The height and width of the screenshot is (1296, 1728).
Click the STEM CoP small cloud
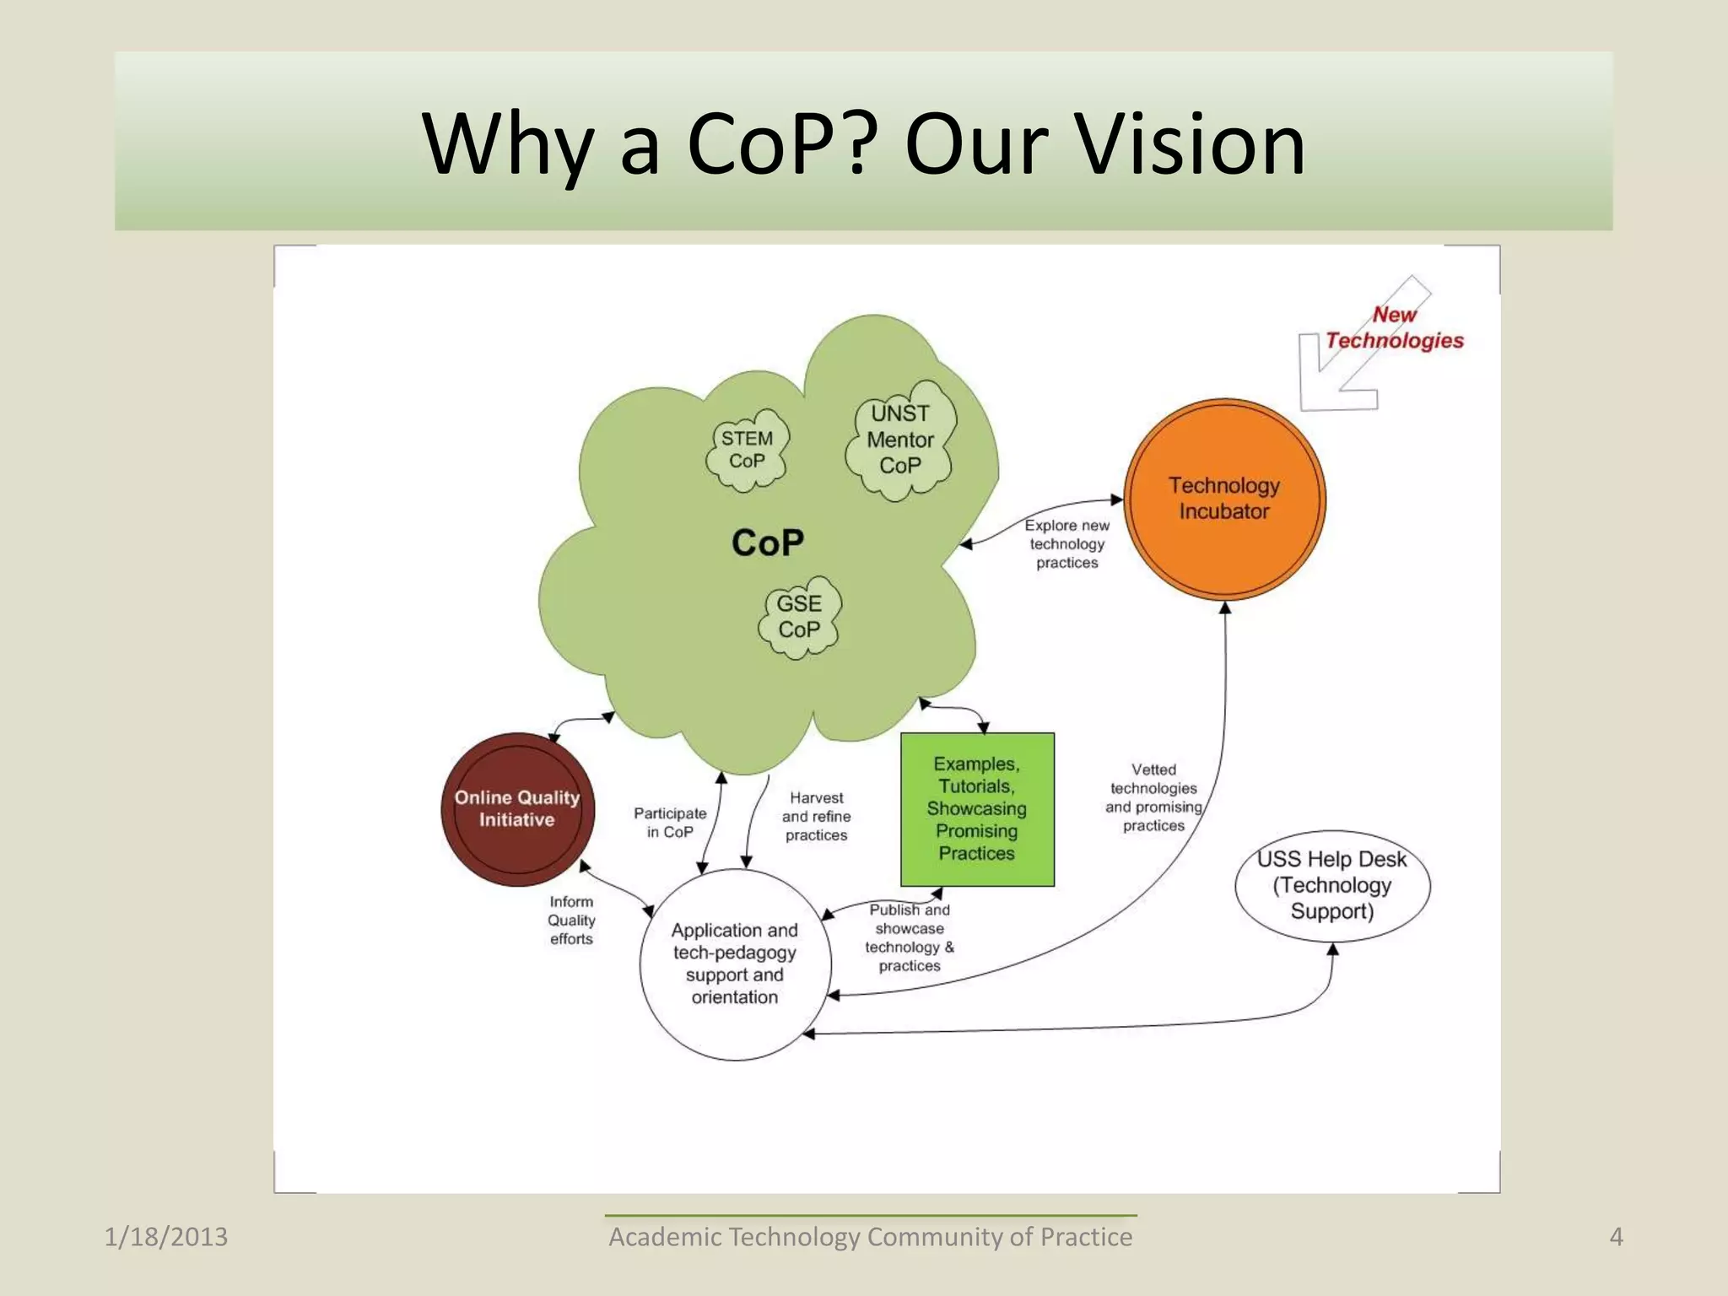(747, 450)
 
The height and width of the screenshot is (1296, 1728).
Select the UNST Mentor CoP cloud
(900, 440)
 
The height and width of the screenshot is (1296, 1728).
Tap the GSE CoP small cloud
(799, 617)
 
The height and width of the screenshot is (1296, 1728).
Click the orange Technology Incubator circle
(1224, 499)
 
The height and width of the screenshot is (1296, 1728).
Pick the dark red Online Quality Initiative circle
(517, 808)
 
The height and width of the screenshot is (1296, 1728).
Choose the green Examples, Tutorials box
(977, 808)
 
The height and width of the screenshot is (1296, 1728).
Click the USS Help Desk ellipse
(1332, 885)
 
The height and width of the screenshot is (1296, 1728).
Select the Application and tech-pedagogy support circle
(735, 964)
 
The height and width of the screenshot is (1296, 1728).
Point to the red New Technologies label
(1394, 327)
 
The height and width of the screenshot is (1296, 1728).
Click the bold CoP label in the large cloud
(768, 543)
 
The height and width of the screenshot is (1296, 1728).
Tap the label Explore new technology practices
(1067, 544)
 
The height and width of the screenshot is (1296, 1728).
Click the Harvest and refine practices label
(816, 816)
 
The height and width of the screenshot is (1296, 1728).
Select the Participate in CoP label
(670, 823)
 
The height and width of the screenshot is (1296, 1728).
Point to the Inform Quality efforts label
(571, 921)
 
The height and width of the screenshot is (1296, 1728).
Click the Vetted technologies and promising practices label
(1153, 797)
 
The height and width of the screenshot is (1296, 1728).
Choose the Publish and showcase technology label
(910, 937)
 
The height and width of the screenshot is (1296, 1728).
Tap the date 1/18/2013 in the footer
(166, 1237)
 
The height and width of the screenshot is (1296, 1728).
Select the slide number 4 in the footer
(1616, 1237)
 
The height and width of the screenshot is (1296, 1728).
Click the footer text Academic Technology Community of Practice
(870, 1237)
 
